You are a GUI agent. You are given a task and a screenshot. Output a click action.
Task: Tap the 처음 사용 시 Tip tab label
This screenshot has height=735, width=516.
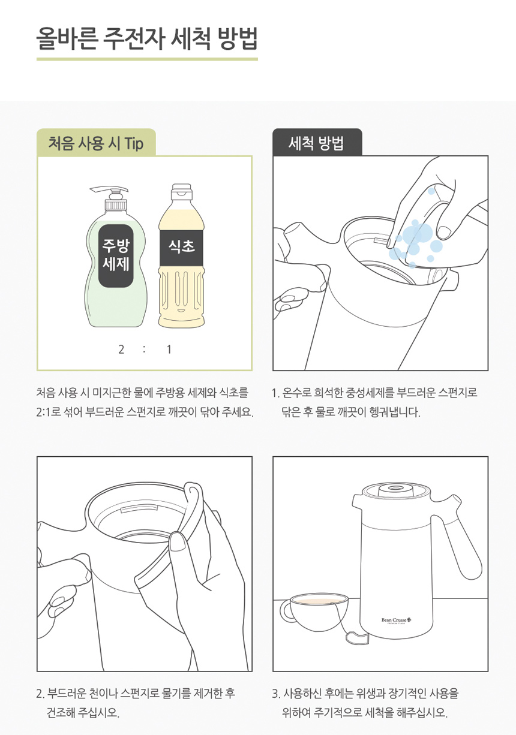coord(96,144)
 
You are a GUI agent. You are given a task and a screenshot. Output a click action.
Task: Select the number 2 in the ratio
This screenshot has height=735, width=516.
coord(121,350)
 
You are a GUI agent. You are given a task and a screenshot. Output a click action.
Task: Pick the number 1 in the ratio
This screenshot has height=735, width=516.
coord(169,350)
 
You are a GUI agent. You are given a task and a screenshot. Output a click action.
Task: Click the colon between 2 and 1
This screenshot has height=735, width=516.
coord(145,350)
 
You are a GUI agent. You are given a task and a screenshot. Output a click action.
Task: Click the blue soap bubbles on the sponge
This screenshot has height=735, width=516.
coord(416,238)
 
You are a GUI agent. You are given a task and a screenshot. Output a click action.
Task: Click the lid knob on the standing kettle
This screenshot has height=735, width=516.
coord(396,488)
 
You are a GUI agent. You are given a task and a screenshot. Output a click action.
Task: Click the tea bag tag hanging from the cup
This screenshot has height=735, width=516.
coord(358,637)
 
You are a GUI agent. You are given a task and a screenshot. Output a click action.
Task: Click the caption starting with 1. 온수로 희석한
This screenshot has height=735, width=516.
coord(374,403)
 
